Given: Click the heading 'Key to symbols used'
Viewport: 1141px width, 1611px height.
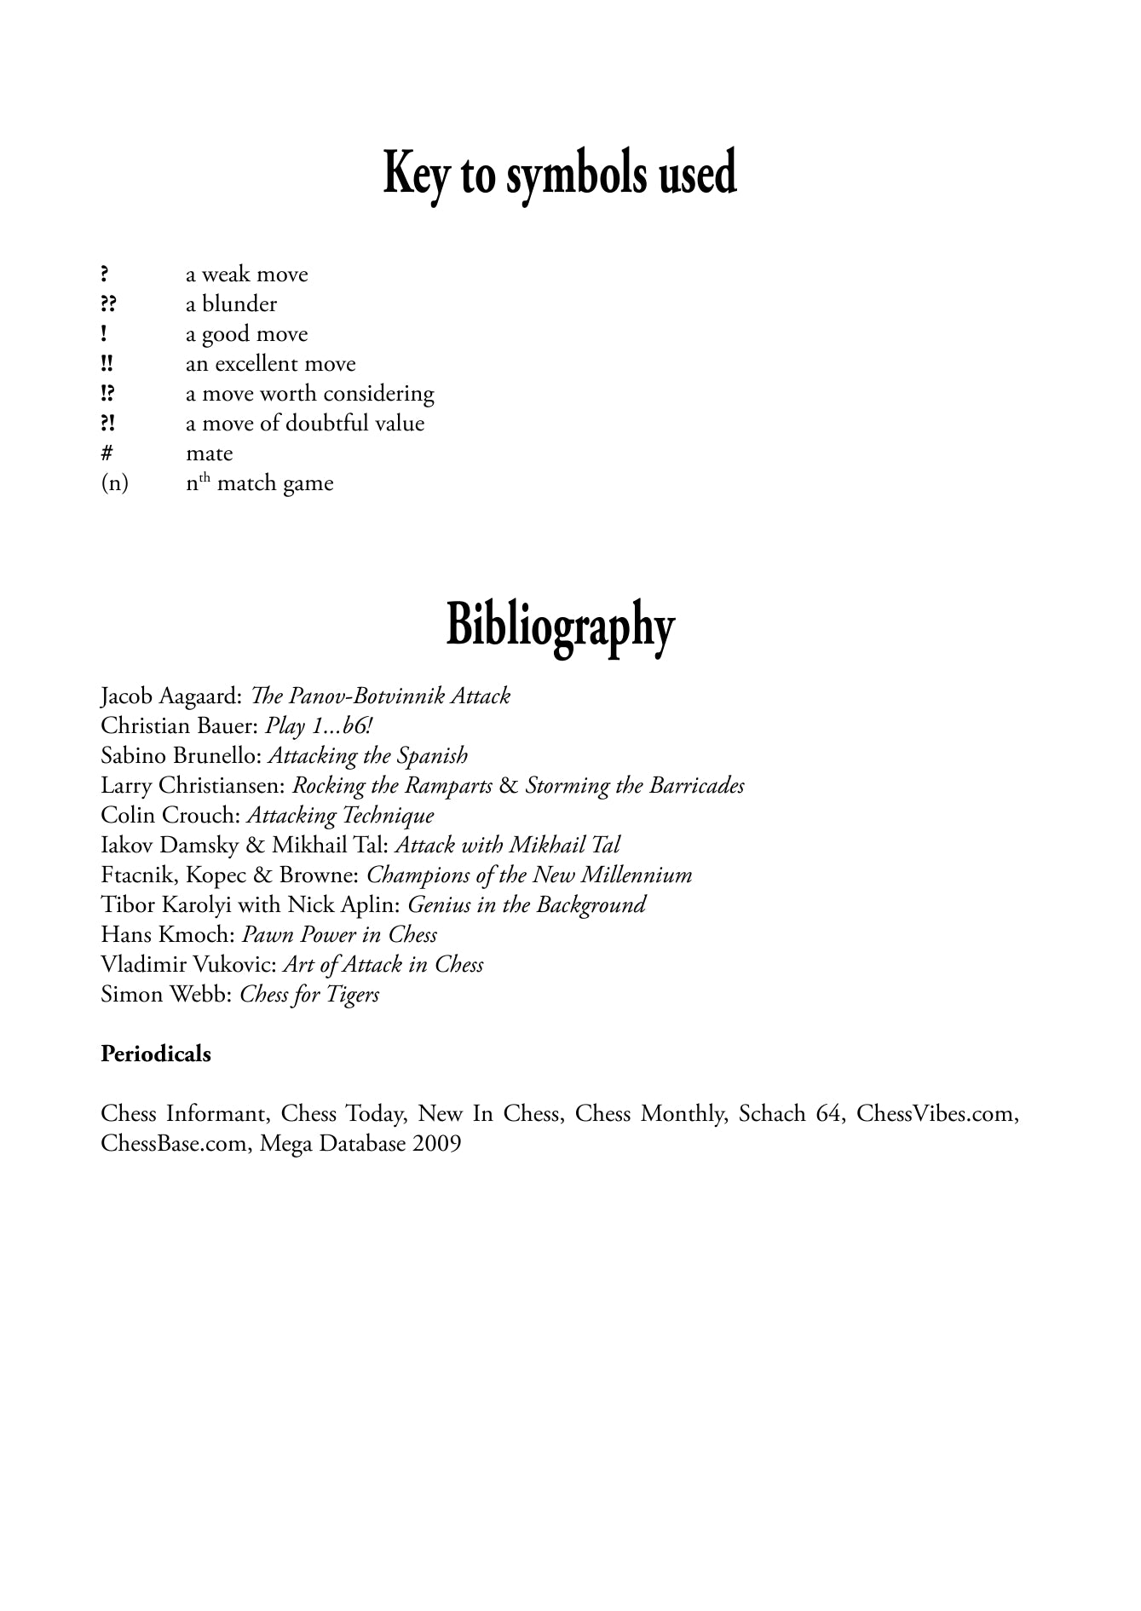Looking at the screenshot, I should (560, 174).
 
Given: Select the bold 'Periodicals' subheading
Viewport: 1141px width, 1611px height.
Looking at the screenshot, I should (156, 1054).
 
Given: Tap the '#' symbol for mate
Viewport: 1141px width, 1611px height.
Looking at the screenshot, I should (107, 453).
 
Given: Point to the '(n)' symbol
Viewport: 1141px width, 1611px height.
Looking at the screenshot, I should (114, 483).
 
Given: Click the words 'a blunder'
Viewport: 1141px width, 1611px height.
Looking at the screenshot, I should (231, 304).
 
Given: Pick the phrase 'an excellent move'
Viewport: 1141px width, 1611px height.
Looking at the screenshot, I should (270, 364).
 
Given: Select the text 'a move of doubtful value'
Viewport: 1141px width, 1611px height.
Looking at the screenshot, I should (305, 424).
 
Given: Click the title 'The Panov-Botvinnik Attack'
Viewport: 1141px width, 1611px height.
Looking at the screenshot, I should (380, 696).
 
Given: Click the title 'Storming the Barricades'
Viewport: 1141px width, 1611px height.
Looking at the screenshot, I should (635, 786).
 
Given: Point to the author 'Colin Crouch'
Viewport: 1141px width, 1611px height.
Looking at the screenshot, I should (169, 816).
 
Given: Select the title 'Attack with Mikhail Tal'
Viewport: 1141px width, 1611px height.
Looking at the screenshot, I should (508, 846).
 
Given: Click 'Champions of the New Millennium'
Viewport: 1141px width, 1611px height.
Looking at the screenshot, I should (529, 875).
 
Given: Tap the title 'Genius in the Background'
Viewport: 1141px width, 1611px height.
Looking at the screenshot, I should (527, 905).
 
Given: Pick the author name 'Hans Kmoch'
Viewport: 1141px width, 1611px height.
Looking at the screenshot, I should (165, 935).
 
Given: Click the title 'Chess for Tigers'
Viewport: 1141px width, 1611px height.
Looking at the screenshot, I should (309, 995).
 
